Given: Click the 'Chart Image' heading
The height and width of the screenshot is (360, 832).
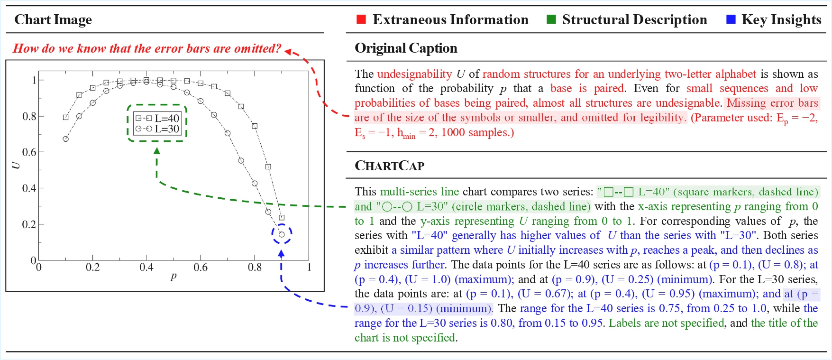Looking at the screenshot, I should [53, 19].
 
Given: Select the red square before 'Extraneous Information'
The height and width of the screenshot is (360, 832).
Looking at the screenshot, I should [361, 19].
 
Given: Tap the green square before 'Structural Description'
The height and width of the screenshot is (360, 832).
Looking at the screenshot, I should [551, 19].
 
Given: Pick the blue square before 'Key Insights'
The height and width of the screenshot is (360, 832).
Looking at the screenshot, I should [731, 19].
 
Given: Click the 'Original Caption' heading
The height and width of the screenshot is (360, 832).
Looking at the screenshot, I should [406, 48].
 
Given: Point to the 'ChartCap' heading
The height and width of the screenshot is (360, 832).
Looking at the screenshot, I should [389, 166].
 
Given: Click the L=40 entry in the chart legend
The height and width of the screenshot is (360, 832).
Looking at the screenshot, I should [157, 118].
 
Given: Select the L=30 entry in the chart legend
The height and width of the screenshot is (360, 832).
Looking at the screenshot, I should [157, 129].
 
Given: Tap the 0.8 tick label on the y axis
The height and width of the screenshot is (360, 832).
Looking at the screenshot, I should [28, 116].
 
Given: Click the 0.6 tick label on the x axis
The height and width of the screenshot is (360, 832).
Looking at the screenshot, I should [201, 268].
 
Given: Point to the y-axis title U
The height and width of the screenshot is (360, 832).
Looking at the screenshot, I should [16, 165].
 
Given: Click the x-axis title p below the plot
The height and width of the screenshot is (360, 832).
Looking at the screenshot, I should [174, 276].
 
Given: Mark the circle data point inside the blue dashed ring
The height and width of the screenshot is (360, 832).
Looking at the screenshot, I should [282, 234].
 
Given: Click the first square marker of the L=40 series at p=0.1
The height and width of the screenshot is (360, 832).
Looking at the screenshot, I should [66, 117].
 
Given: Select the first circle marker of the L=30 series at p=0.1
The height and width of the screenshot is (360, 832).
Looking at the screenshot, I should [66, 139].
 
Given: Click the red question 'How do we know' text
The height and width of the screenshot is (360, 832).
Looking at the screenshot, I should [147, 48].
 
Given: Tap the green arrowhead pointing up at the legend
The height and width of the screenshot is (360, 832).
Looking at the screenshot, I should [157, 151].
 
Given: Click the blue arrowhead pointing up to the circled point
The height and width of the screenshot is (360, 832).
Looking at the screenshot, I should [281, 253].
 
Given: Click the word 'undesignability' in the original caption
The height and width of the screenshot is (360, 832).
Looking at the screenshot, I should [414, 74].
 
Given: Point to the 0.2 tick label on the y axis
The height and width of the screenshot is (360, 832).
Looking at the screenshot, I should [28, 224].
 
